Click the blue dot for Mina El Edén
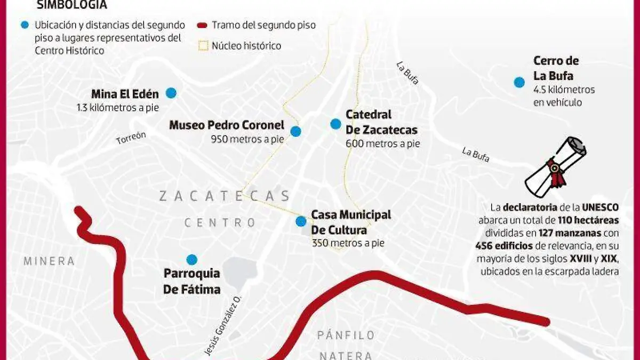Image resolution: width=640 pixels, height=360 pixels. tap(171, 93)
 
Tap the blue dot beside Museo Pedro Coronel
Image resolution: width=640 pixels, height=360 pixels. tap(295, 131)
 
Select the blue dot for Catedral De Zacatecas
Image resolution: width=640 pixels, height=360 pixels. tap(335, 124)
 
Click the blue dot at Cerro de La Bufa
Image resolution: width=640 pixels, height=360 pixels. tap(519, 82)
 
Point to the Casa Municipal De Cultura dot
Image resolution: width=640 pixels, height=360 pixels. tap(301, 221)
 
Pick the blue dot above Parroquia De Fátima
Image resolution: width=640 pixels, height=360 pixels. tap(191, 260)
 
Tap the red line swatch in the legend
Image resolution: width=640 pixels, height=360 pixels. tap(202, 25)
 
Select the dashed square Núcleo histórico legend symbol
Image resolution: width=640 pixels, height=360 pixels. tap(203, 46)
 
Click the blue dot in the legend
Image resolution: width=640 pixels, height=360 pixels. tap(24, 25)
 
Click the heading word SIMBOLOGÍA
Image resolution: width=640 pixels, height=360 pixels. tap(71, 5)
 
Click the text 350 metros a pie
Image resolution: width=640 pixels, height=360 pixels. tap(348, 243)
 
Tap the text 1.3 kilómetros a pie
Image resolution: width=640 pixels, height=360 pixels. tap(118, 107)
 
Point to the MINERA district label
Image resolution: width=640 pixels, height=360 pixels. tap(49, 261)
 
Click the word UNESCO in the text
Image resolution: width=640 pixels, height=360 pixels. tap(600, 207)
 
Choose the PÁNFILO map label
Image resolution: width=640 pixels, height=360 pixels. tap(346, 335)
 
